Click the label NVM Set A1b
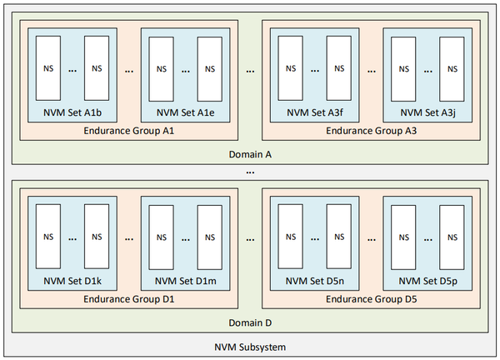pyautogui.click(x=72, y=112)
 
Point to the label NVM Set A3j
pyautogui.click(x=427, y=112)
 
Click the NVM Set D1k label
pyautogui.click(x=72, y=281)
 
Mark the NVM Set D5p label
pyautogui.click(x=427, y=281)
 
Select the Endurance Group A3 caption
pyautogui.click(x=371, y=130)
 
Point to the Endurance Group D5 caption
pyautogui.click(x=371, y=298)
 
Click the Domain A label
pyautogui.click(x=249, y=153)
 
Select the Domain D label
pyautogui.click(x=249, y=322)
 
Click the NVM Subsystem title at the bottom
pyautogui.click(x=249, y=347)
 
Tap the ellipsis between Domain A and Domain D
pyautogui.click(x=249, y=171)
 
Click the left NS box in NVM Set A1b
pyautogui.click(x=47, y=67)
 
